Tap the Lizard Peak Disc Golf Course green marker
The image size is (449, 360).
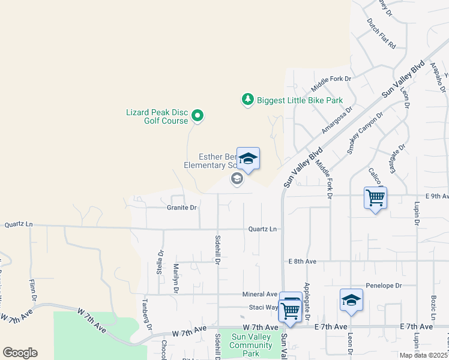[197, 115]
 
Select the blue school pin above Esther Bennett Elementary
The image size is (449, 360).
[248, 159]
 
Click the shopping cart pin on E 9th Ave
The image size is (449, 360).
[375, 197]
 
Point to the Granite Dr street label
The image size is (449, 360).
[181, 208]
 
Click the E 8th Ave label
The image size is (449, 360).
[302, 262]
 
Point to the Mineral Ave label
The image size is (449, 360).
[260, 295]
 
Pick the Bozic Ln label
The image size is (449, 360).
[432, 307]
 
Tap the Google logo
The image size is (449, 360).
[20, 353]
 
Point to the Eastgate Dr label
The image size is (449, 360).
[397, 158]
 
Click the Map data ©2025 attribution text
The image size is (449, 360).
[424, 355]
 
